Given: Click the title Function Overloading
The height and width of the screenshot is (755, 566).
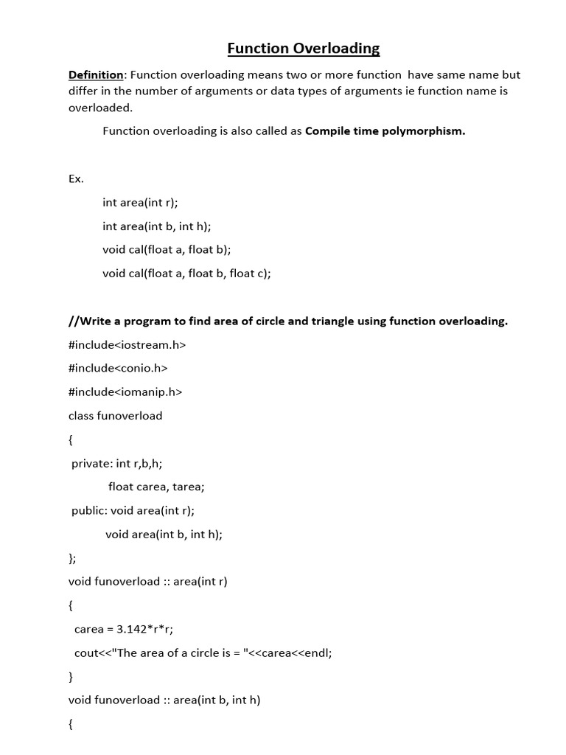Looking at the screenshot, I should [x=303, y=49].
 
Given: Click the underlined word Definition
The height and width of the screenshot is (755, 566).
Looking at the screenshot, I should [x=96, y=74].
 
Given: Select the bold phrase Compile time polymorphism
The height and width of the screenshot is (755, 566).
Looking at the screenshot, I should [x=385, y=131].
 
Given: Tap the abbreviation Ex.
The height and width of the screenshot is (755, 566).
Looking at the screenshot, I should [x=76, y=179].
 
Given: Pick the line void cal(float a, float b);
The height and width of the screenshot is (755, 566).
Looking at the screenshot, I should [x=167, y=249].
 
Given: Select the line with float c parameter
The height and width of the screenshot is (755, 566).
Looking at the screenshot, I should [x=187, y=273].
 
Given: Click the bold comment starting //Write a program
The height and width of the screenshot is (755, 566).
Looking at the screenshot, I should [x=288, y=321].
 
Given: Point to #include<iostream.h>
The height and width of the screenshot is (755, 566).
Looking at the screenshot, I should [x=127, y=344].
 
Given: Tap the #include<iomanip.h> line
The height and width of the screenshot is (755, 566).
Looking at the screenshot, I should [x=125, y=392].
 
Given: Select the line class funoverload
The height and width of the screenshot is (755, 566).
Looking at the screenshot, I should [x=115, y=415].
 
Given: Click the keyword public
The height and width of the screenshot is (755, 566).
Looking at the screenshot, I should [x=88, y=510].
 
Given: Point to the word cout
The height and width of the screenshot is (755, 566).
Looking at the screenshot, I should [x=86, y=653].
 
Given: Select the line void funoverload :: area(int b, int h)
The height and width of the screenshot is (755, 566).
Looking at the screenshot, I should [x=164, y=700].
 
